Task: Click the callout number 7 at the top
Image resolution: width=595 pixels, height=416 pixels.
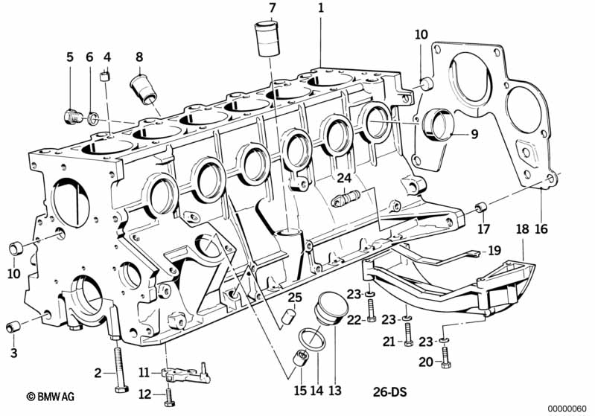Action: click(x=272, y=8)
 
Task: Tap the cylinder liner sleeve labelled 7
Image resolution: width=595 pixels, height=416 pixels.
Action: click(x=267, y=39)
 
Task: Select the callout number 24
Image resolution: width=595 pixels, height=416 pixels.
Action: click(x=345, y=178)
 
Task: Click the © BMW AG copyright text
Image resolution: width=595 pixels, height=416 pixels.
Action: click(x=51, y=397)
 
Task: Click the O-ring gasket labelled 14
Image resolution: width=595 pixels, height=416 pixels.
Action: click(x=312, y=339)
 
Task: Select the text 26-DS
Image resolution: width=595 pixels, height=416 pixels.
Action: click(x=389, y=391)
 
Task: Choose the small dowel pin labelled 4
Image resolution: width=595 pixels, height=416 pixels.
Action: click(x=105, y=76)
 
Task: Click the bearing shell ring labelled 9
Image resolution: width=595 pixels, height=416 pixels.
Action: click(x=439, y=124)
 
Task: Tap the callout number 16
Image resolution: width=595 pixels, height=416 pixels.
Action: click(x=541, y=228)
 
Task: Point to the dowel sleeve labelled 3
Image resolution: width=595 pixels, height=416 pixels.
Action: click(x=13, y=326)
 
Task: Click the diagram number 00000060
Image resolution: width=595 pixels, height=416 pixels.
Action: click(x=567, y=409)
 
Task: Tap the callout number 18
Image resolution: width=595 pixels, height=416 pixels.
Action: click(x=523, y=228)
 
